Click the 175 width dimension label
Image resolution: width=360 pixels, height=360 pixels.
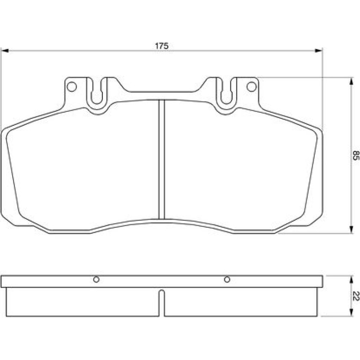pos(162,46)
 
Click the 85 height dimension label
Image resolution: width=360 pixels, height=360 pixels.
pos(355,155)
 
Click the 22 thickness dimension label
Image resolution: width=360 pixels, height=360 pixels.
pos(356,296)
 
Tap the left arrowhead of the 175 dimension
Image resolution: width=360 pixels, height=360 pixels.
pos(5,50)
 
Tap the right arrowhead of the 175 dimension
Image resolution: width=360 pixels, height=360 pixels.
pos(318,50)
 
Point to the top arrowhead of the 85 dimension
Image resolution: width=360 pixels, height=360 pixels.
pos(351,81)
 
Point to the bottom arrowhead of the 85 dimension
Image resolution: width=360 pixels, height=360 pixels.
pos(351,230)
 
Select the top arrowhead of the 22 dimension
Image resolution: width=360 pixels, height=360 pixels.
pos(351,280)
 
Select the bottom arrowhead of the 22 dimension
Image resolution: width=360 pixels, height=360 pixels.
pos(351,312)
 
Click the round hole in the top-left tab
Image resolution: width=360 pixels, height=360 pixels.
pos(72,87)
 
